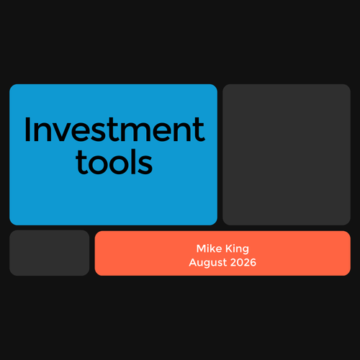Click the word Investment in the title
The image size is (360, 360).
coord(114,130)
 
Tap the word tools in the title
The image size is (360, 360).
coord(114,161)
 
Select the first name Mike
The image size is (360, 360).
coord(209,248)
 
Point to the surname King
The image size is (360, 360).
coord(237,249)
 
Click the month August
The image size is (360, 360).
coord(208,263)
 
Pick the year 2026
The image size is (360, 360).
coord(243,262)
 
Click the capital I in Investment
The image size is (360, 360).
coord(27,130)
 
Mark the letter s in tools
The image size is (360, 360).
coord(145,165)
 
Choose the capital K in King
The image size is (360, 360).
coord(229,248)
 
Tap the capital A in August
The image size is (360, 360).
coord(193,262)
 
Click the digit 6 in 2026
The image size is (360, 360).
coord(253,262)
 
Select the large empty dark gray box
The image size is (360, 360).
coord(287,155)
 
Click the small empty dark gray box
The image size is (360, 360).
coord(50,253)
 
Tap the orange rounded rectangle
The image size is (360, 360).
coord(222,253)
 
